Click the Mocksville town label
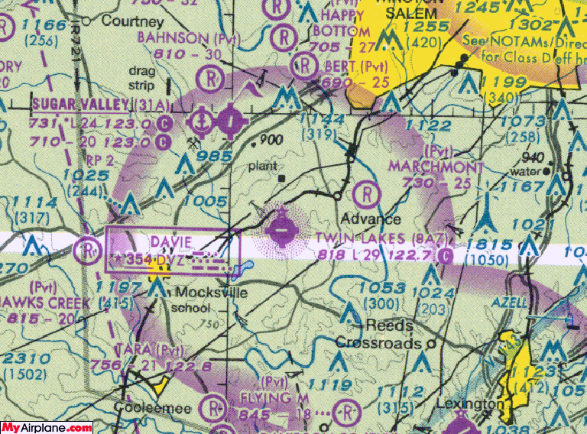click(x=204, y=293)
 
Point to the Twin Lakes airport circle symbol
click(x=282, y=228)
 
